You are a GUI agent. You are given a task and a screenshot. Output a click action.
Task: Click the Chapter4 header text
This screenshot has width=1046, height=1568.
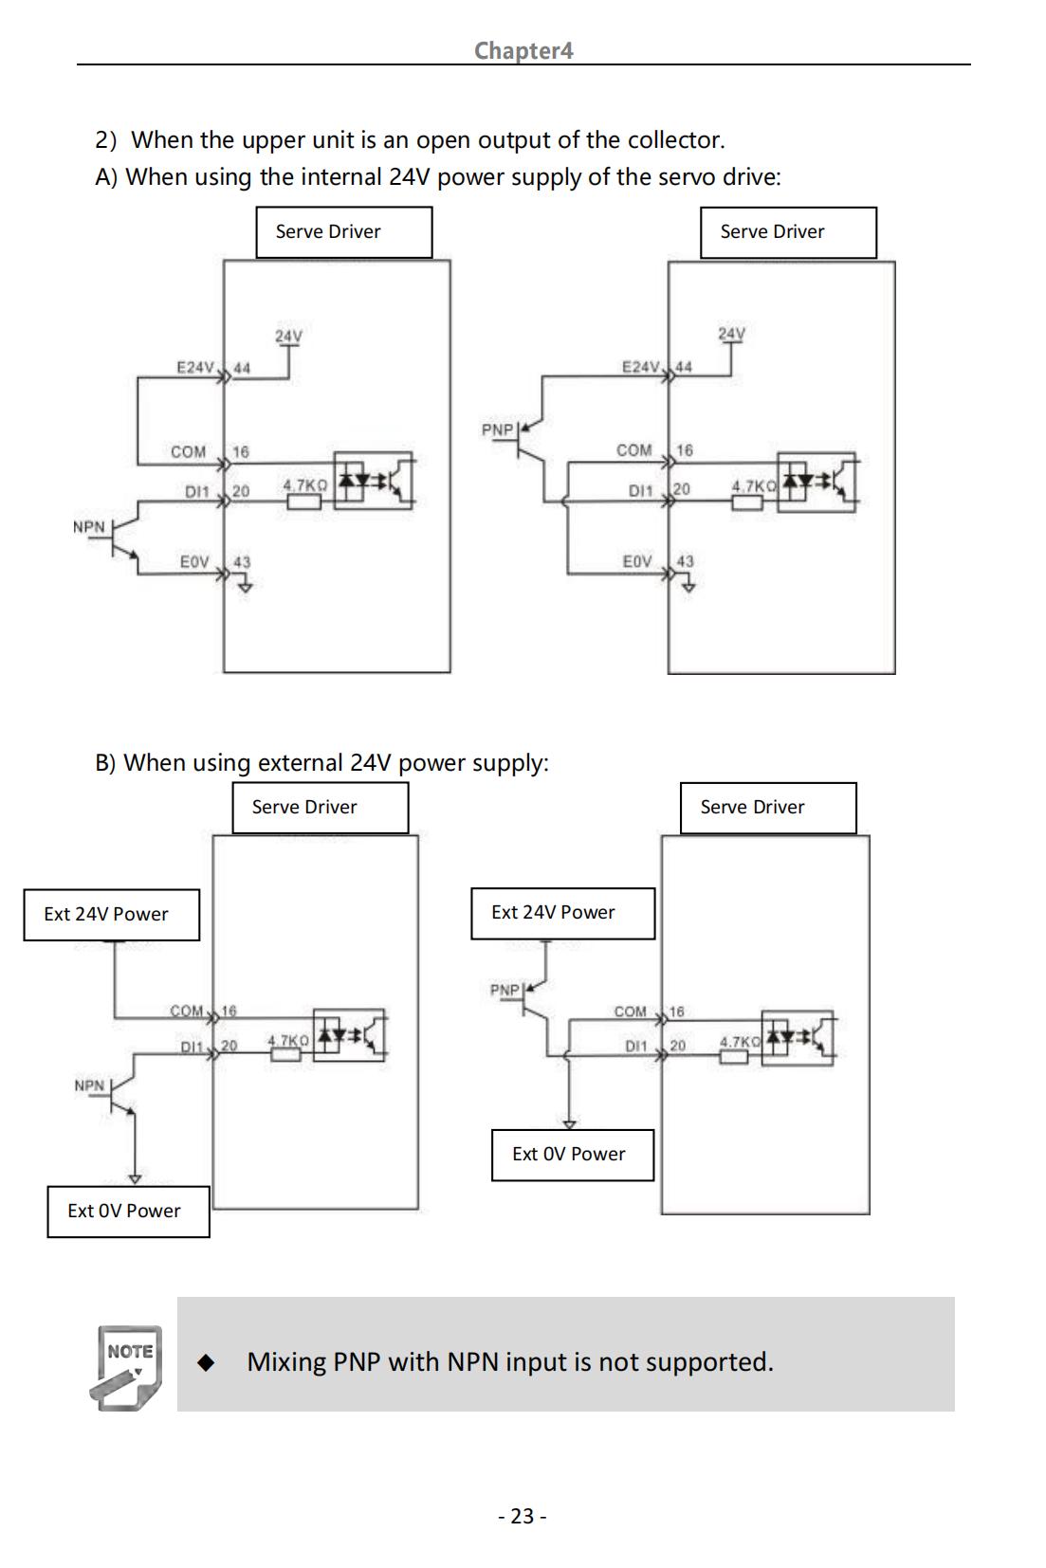click(x=523, y=50)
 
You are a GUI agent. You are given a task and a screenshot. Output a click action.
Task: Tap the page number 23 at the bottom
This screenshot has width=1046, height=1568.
click(x=523, y=1516)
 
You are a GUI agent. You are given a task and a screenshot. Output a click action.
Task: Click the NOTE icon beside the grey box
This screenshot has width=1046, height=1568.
click(x=126, y=1368)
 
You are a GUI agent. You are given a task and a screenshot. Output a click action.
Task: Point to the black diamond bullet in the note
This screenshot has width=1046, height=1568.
click(x=206, y=1361)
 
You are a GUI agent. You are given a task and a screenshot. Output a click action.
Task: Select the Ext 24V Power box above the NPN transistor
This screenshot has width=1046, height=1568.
click(x=111, y=914)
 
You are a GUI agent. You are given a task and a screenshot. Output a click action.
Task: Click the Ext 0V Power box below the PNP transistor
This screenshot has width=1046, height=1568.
click(x=573, y=1155)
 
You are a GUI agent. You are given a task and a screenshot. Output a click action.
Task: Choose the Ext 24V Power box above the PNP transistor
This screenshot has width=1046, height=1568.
click(x=563, y=913)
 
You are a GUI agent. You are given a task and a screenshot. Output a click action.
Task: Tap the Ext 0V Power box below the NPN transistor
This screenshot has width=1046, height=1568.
click(x=128, y=1211)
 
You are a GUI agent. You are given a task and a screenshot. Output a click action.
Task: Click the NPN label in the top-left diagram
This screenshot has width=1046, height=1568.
click(x=89, y=526)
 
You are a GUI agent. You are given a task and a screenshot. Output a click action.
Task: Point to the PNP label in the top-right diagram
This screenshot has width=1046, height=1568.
click(x=497, y=429)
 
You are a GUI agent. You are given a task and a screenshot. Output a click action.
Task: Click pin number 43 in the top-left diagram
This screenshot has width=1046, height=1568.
click(x=242, y=562)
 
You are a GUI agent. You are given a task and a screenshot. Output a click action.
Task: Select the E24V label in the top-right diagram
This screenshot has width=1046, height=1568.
click(x=641, y=367)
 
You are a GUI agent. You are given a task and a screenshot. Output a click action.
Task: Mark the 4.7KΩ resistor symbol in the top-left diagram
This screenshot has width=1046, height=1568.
click(x=304, y=501)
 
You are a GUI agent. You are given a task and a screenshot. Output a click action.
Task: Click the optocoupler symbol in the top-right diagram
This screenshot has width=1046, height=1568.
click(x=817, y=482)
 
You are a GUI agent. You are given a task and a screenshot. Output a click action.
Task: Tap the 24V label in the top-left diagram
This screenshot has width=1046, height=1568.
click(x=288, y=336)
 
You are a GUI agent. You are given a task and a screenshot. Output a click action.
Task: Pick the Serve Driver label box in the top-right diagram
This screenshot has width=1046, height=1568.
click(x=788, y=232)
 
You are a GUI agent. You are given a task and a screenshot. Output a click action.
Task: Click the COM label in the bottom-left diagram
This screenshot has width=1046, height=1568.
click(x=187, y=1011)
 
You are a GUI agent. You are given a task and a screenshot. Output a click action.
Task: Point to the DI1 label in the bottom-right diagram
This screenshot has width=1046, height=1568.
click(x=636, y=1046)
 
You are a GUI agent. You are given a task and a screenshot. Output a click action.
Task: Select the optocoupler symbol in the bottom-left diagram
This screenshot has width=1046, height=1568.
click(x=349, y=1034)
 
